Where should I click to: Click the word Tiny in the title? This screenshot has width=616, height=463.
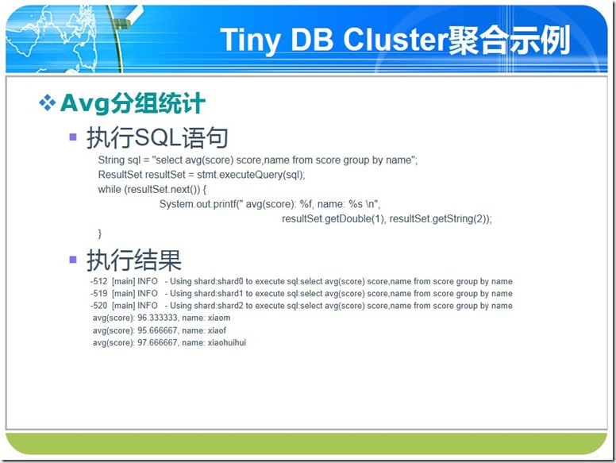[x=251, y=40]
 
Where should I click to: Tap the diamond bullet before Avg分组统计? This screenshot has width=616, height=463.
[x=47, y=102]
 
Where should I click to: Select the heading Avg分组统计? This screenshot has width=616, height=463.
[x=133, y=103]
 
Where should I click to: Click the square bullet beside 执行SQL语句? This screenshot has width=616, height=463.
[x=73, y=137]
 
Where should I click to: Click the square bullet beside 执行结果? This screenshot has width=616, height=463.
[x=73, y=260]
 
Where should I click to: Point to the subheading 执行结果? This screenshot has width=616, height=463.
[x=134, y=260]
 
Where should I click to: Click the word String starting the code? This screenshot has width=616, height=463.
[x=111, y=160]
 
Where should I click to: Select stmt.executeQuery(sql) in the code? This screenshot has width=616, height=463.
[x=250, y=175]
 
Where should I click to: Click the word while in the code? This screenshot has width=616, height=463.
[x=110, y=190]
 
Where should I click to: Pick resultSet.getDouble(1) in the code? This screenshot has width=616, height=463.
[x=333, y=219]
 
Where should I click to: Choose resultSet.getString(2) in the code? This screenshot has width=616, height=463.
[x=438, y=219]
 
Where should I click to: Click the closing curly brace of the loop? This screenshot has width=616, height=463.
[x=100, y=233]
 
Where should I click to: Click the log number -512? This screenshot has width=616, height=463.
[x=99, y=281]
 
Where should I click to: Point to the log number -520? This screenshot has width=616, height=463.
[x=99, y=306]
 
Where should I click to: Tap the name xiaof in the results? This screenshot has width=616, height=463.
[x=217, y=330]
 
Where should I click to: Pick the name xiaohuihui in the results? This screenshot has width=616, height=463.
[x=227, y=342]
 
